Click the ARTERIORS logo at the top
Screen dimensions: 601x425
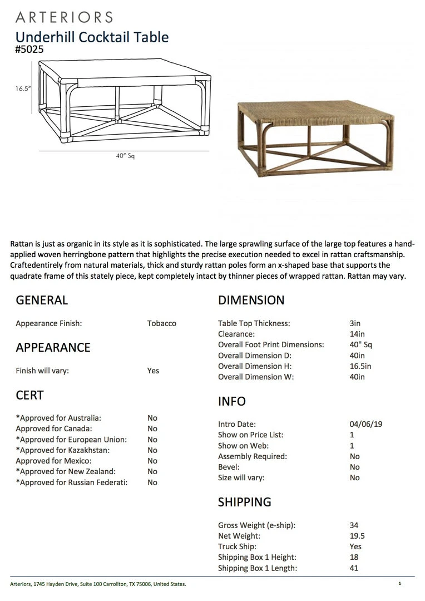64,17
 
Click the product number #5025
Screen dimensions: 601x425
29,50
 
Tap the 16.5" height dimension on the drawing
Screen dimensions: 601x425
23,88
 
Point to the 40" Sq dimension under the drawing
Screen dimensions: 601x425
125,156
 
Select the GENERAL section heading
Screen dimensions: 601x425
42,300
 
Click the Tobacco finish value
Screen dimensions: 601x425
162,323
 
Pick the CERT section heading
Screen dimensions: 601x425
29,395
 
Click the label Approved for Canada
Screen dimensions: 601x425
54,428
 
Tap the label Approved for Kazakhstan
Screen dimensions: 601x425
63,450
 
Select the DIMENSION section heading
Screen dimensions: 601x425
251,300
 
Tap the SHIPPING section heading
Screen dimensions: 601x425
245,502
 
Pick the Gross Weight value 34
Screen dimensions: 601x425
354,525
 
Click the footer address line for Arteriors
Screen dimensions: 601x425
98,584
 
